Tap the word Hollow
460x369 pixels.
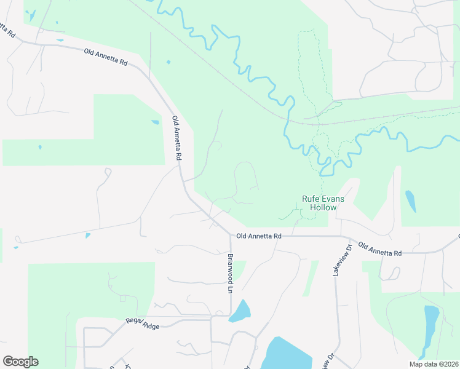pyautogui.click(x=323, y=208)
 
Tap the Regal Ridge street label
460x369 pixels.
pyautogui.click(x=143, y=323)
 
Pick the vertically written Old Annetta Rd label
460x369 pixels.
pyautogui.click(x=177, y=138)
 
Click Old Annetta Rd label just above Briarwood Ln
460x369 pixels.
pyautogui.click(x=258, y=236)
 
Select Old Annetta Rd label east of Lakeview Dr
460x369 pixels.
pyautogui.click(x=379, y=248)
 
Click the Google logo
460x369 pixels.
pyautogui.click(x=20, y=362)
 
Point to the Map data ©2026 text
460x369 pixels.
pyautogui.click(x=434, y=364)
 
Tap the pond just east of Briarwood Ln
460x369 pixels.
pyautogui.click(x=240, y=312)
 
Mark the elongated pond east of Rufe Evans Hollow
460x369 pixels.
pyautogui.click(x=410, y=200)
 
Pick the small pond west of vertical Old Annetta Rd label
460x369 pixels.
pyautogui.click(x=155, y=122)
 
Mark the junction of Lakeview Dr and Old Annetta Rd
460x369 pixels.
pyautogui.click(x=341, y=237)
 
